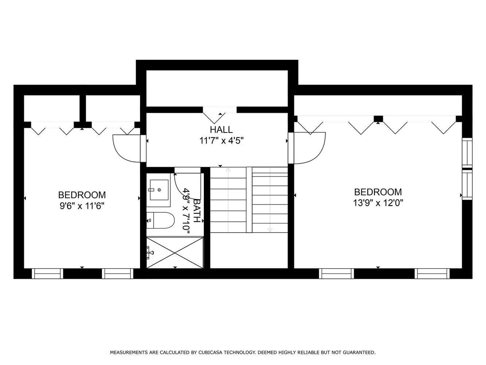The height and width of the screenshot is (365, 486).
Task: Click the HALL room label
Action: tap(221, 130)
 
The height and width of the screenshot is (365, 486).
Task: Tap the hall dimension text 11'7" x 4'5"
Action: tap(221, 141)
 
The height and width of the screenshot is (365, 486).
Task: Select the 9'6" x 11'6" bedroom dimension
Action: tap(82, 206)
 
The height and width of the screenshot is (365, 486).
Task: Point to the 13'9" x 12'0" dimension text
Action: tap(378, 203)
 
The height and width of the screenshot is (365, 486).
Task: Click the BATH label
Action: tap(197, 211)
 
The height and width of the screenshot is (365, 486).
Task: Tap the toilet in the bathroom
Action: tap(160, 220)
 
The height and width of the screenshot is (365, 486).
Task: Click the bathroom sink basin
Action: tap(159, 190)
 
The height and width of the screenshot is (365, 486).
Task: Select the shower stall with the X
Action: tap(175, 253)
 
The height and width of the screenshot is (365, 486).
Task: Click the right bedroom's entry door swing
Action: tap(319, 153)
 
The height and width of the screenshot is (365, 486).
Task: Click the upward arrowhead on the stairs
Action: tap(228, 170)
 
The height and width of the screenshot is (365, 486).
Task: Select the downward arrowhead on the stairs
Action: tap(270, 230)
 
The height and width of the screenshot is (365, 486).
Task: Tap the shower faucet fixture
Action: tap(150, 253)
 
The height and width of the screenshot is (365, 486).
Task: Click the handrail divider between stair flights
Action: tap(249, 200)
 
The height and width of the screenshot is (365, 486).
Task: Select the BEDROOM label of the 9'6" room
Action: tap(82, 195)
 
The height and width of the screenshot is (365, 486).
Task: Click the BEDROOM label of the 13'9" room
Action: tap(378, 192)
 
